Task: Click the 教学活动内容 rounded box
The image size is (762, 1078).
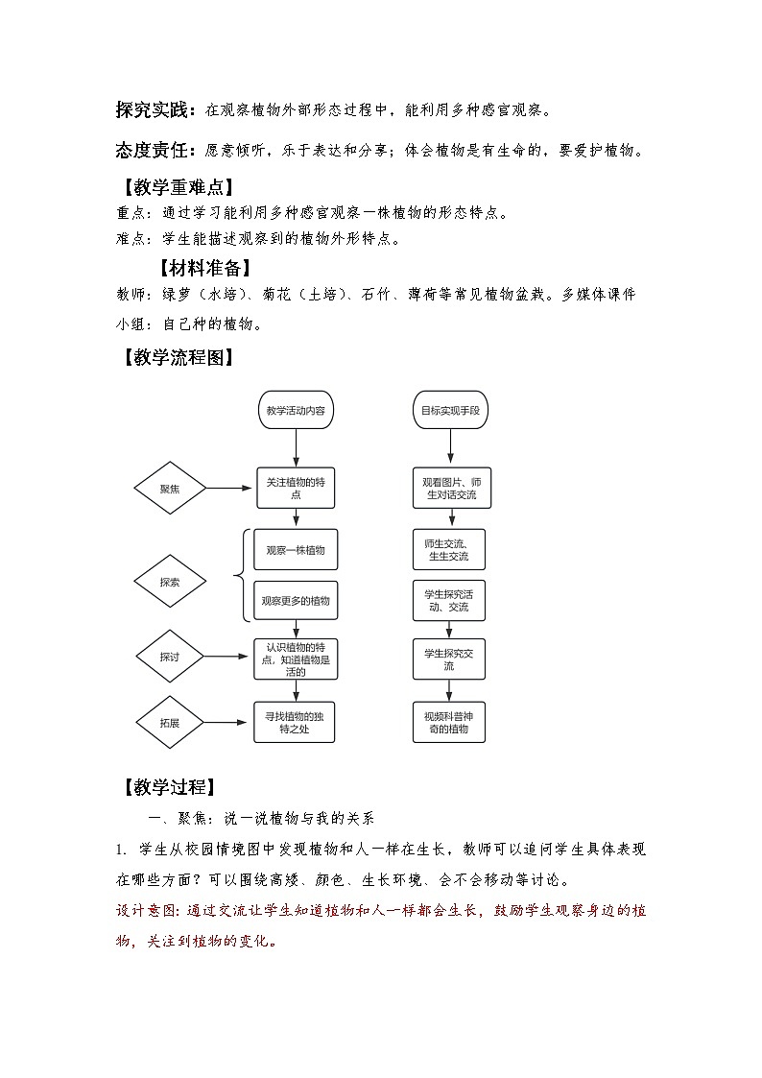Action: coord(296,410)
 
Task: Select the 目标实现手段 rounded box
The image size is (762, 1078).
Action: coord(449,410)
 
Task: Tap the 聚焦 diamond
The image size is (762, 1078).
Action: coord(170,489)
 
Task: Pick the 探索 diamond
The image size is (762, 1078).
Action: coord(170,581)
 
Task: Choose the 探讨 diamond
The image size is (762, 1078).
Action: coord(170,657)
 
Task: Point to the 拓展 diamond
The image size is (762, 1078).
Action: coord(170,722)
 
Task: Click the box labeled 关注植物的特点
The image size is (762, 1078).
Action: coord(296,489)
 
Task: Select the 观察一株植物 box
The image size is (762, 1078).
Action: coord(296,550)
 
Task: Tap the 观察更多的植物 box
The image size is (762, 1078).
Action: coord(296,600)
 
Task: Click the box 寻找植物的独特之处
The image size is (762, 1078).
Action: coord(296,722)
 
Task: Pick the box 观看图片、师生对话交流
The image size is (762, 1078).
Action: coord(449,489)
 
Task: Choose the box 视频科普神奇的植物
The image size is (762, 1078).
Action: coord(449,722)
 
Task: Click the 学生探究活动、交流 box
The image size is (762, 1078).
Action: coord(449,600)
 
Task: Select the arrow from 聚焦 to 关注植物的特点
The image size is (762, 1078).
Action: coord(230,489)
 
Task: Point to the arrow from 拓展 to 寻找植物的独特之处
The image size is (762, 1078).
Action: coord(230,722)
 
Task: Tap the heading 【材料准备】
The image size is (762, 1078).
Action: coord(204,268)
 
